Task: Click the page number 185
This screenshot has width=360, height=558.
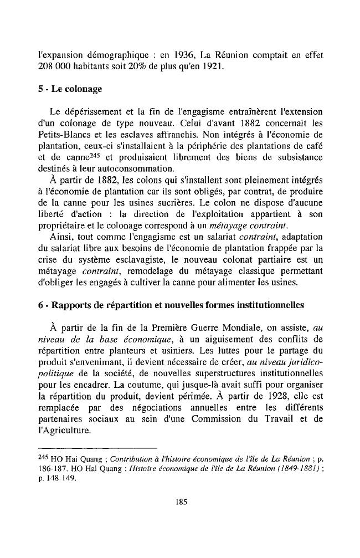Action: [x=180, y=503]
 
